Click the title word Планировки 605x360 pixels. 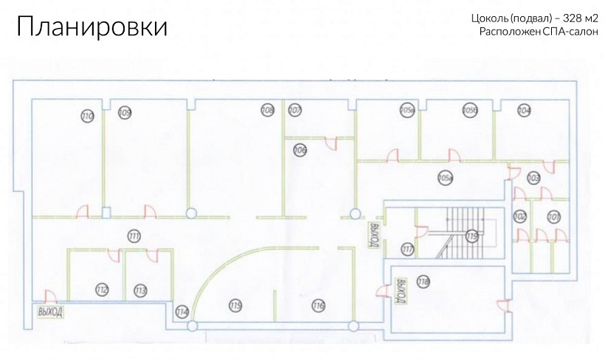click(x=92, y=27)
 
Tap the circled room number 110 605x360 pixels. click(x=87, y=117)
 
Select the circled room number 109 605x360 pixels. click(x=125, y=112)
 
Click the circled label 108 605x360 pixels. click(x=267, y=111)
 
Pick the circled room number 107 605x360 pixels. click(x=295, y=111)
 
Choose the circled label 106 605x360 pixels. click(x=300, y=150)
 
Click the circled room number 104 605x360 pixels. click(x=525, y=111)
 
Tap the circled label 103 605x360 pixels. click(x=533, y=178)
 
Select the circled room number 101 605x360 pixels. click(x=553, y=217)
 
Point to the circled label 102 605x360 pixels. click(x=520, y=217)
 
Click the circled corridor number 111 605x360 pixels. click(x=134, y=237)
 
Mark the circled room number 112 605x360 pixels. click(x=103, y=289)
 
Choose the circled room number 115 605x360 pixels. click(x=235, y=305)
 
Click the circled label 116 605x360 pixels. click(x=318, y=305)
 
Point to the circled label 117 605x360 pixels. click(x=407, y=248)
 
